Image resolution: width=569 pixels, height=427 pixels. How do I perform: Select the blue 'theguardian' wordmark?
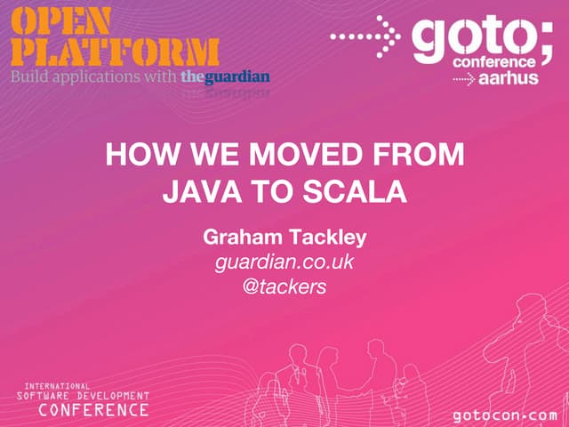[x=225, y=77]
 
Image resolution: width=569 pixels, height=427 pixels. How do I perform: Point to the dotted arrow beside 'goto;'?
[x=365, y=36]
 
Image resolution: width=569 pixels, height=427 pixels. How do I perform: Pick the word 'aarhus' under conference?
[x=509, y=79]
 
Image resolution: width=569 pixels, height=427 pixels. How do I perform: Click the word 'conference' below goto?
[x=493, y=62]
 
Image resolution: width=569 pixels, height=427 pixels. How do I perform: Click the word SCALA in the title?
[x=359, y=190]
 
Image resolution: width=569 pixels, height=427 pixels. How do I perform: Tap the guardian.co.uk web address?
[x=284, y=262]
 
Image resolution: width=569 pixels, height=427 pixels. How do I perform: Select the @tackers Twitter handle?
[x=284, y=286]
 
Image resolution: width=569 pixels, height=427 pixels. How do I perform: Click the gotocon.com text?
[x=504, y=415]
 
